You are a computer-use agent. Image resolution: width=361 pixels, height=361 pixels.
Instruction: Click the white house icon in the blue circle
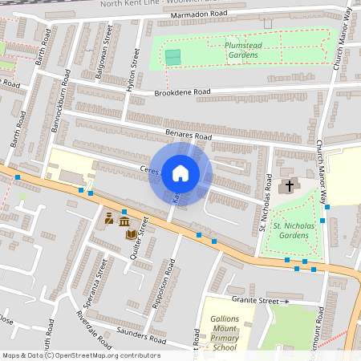coord(180,172)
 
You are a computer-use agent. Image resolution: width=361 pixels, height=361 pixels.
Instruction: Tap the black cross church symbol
coord(287,186)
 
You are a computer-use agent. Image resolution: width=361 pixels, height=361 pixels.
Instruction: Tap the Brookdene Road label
coord(183,93)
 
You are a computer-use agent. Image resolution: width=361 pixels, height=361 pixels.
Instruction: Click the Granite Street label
coord(255,301)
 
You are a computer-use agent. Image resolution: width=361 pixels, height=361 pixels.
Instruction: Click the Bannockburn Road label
coord(56,95)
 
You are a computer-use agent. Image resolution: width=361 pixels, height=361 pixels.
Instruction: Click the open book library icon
coord(131,233)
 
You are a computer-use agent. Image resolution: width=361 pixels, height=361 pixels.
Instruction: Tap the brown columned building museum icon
coord(124,221)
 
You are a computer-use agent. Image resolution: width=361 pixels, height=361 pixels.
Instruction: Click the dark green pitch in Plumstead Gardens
coord(172,57)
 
